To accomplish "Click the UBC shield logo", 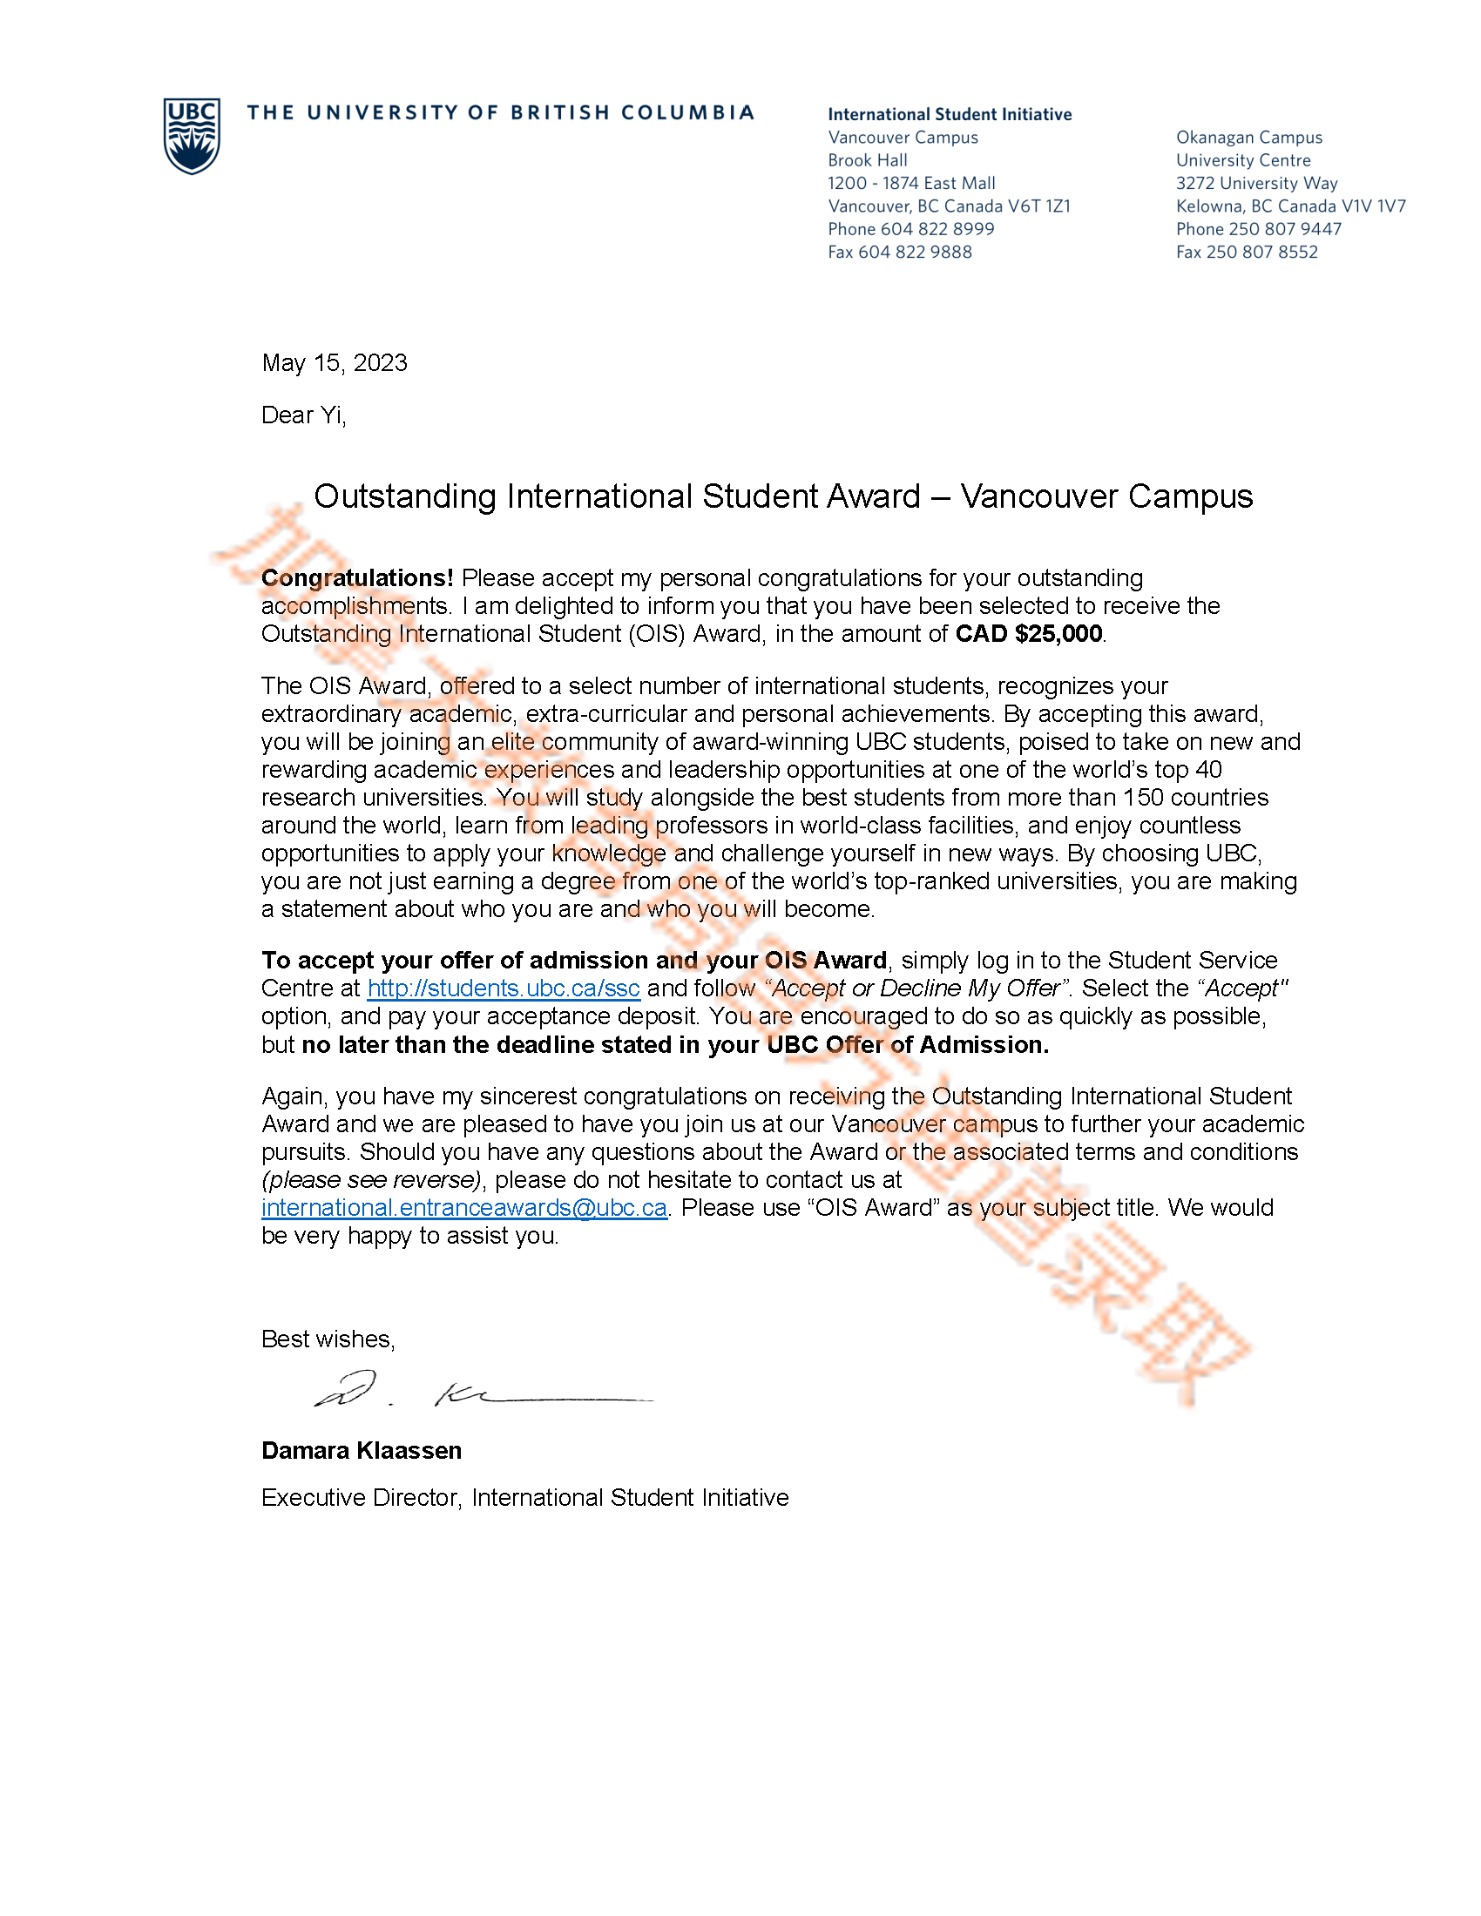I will point(192,135).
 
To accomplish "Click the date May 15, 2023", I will point(335,363).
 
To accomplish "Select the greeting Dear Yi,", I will point(303,415).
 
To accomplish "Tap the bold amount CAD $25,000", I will point(1028,633).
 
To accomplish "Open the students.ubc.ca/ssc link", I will point(503,988).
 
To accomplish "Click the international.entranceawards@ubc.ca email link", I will point(464,1207).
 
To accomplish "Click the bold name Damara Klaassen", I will point(362,1450).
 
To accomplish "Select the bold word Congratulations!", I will point(357,577).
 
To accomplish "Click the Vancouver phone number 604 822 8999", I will point(937,229).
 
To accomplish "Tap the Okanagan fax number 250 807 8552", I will point(1261,252).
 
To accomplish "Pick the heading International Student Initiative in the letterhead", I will point(950,114).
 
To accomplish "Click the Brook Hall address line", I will point(867,160).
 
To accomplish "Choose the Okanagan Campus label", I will point(1248,138).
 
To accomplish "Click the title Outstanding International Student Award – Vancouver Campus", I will point(782,496).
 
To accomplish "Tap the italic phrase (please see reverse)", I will point(371,1179).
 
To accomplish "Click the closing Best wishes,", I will point(328,1339).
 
